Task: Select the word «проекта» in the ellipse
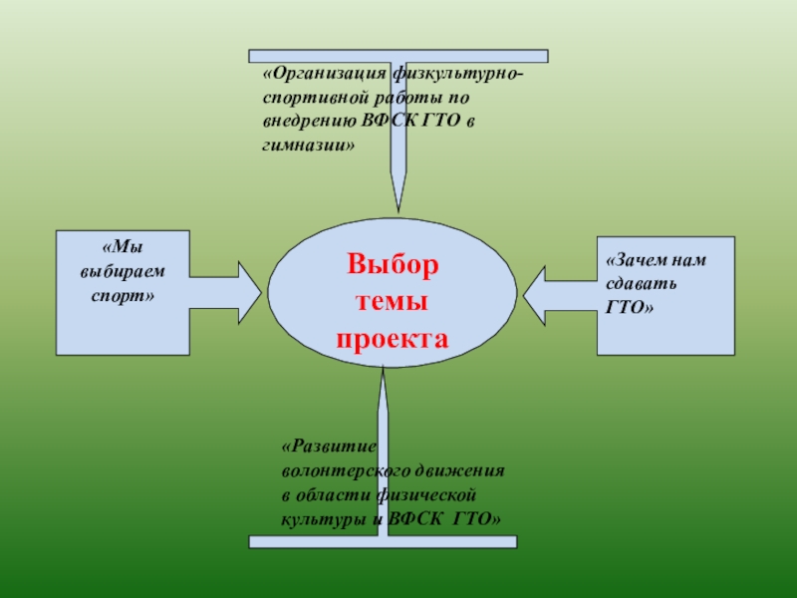[393, 339]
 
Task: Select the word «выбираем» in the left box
[123, 271]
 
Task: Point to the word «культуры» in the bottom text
[318, 519]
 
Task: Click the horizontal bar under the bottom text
[384, 542]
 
